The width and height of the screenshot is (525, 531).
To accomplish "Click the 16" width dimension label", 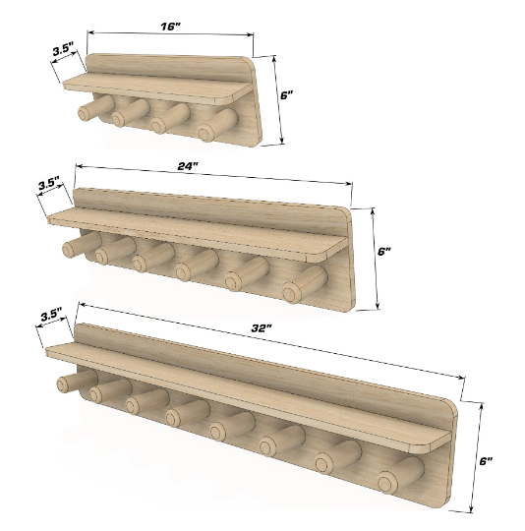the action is [x=170, y=27].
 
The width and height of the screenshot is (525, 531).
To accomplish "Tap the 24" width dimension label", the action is [x=188, y=166].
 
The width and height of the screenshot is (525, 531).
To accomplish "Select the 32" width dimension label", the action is [x=262, y=327].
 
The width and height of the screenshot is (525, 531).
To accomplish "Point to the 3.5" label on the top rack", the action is [x=64, y=51].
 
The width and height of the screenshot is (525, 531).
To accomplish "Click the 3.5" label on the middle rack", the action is [x=49, y=184].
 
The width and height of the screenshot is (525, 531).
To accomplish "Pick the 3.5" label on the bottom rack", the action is [x=51, y=316].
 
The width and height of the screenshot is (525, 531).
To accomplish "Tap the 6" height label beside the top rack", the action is [x=286, y=95].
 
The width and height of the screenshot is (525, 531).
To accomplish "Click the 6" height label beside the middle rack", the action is [x=384, y=252].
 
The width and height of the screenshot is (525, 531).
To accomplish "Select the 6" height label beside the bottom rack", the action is [x=486, y=460].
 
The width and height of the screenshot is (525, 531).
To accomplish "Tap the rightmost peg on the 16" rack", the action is [x=218, y=125].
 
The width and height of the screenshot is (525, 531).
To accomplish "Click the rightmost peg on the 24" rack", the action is [x=305, y=284].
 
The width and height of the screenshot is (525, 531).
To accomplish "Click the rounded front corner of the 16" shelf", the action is [x=230, y=99].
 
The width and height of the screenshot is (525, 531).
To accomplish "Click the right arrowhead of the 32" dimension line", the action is [x=461, y=377].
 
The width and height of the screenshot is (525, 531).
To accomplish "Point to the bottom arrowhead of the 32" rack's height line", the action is [x=471, y=508].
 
